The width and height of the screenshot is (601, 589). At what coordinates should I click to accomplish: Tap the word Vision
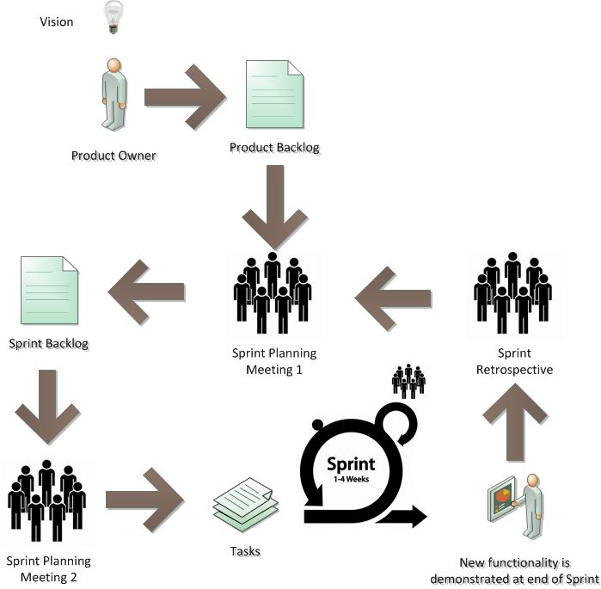pyautogui.click(x=57, y=21)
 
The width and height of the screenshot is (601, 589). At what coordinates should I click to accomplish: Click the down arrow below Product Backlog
pyautogui.click(x=273, y=206)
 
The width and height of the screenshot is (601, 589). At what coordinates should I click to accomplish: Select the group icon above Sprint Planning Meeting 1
pyautogui.click(x=273, y=292)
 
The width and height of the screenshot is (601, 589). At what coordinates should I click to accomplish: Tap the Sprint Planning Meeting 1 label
pyautogui.click(x=273, y=361)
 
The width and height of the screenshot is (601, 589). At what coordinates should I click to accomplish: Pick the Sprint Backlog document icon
pyautogui.click(x=48, y=293)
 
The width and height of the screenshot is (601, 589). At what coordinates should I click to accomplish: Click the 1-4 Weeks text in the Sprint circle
pyautogui.click(x=351, y=479)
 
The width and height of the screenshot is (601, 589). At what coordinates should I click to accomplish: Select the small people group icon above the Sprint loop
pyautogui.click(x=408, y=381)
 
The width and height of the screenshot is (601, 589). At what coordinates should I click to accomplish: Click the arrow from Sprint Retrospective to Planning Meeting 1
pyautogui.click(x=393, y=298)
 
